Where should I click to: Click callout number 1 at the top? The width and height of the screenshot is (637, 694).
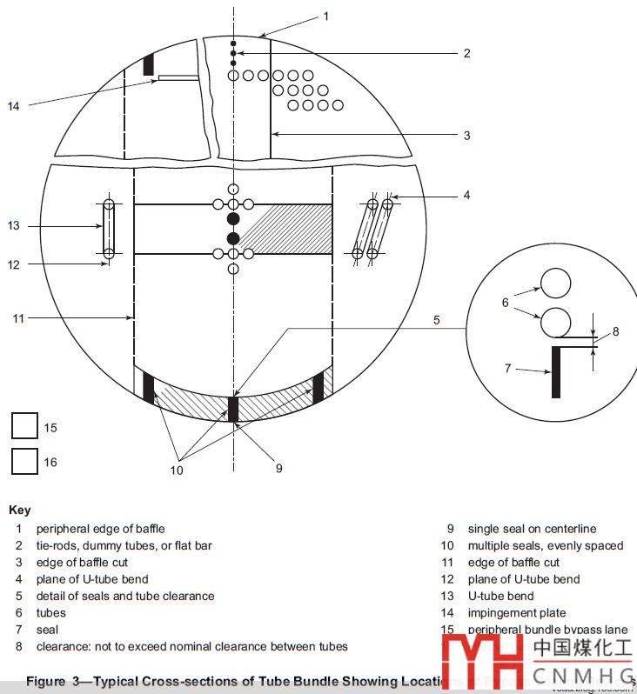[x=326, y=16]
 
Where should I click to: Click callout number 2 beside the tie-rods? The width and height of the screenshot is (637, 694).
[x=466, y=53]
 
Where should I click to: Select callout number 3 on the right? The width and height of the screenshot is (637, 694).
[x=466, y=135]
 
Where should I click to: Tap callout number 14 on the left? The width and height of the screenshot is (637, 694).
[x=13, y=106]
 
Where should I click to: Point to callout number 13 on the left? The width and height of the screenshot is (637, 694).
[x=13, y=226]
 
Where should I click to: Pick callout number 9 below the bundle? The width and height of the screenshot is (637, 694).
[x=278, y=468]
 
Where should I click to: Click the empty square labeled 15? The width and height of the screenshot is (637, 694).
[x=24, y=426]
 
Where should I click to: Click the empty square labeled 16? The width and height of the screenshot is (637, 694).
[x=24, y=461]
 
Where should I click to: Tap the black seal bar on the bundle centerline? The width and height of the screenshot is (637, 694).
[x=233, y=408]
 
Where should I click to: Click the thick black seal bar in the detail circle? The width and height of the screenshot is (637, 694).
[x=556, y=371]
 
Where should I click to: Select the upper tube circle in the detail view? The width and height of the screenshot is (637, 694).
[x=556, y=284]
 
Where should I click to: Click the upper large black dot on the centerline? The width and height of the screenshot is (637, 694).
[x=233, y=218]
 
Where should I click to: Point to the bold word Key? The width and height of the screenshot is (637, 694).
[x=19, y=510]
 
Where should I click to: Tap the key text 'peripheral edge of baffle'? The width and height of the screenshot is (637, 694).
[x=100, y=529]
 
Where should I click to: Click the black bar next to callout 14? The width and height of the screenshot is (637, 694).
[x=148, y=64]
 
